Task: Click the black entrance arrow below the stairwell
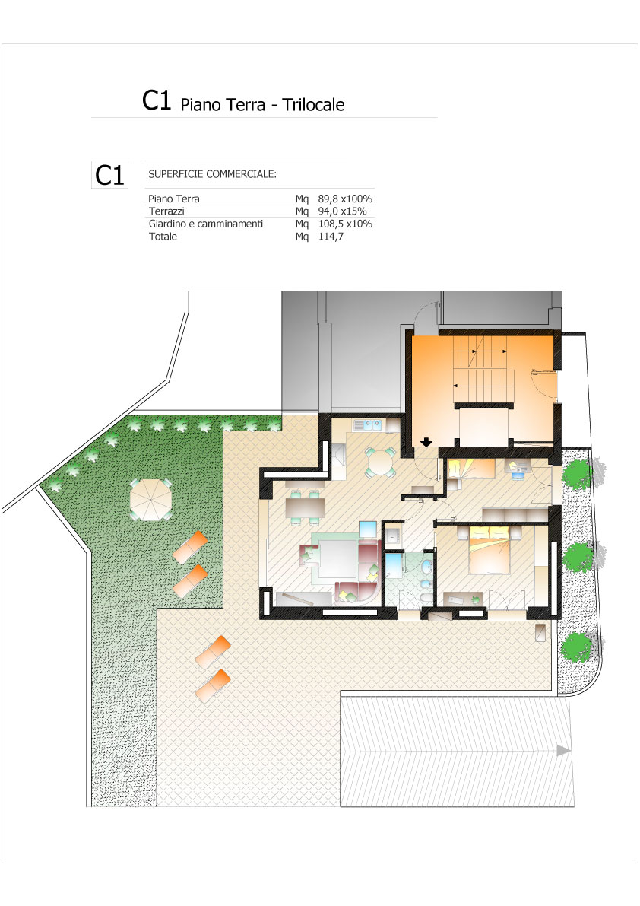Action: click(426, 443)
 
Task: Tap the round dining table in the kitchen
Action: click(380, 463)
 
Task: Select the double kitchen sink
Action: click(368, 426)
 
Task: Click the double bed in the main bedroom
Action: click(490, 549)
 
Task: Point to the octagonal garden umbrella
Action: click(150, 499)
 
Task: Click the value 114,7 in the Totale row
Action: click(331, 237)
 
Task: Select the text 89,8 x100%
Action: click(345, 199)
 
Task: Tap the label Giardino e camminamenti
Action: click(206, 224)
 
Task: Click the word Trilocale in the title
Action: click(313, 104)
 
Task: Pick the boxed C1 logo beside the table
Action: click(109, 174)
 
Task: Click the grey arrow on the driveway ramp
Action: click(563, 751)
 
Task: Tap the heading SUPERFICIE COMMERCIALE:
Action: click(212, 174)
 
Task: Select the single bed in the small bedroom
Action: click(472, 469)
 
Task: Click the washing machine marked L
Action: click(392, 535)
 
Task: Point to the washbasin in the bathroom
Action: click(426, 567)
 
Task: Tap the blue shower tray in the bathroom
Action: click(394, 565)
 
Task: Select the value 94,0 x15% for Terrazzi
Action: click(342, 211)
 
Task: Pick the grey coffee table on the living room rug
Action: click(338, 558)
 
